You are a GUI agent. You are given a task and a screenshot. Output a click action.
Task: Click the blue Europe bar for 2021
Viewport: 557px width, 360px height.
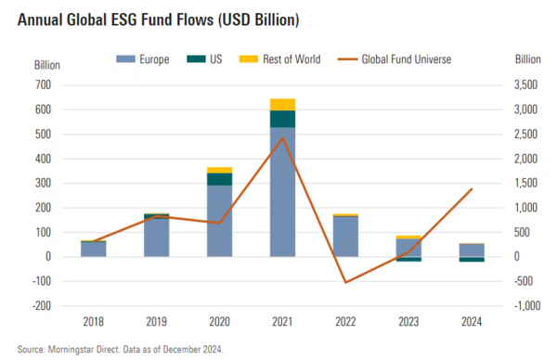pos(282,192)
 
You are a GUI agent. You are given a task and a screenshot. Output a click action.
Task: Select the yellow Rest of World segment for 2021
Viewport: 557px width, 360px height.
pos(282,104)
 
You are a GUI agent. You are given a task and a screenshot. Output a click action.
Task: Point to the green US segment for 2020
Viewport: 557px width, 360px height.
pos(219,179)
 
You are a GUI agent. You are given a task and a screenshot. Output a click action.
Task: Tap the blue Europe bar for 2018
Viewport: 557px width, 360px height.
pos(93,249)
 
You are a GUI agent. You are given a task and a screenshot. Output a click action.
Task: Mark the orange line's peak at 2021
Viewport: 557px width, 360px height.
pos(282,137)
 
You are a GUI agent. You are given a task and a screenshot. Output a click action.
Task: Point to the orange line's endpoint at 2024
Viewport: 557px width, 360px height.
pos(473,188)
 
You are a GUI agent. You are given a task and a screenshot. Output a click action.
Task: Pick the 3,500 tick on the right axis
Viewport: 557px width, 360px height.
pos(526,84)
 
